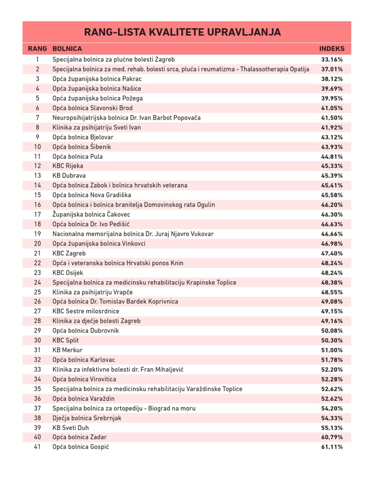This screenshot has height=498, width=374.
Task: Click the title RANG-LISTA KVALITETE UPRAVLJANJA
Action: pos(183,33)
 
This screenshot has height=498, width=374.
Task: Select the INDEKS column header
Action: pos(332,49)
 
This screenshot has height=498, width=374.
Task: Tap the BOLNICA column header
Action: pos(67,49)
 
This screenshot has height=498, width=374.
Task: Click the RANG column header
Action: pos(37,49)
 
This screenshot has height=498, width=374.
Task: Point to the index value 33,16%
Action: pos(332,59)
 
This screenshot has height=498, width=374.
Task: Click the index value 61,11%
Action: pos(332,447)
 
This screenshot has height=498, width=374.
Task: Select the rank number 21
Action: pos(37,253)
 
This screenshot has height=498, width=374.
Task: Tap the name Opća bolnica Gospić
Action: pos(80,447)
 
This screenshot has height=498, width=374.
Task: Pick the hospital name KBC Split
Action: pos(65,340)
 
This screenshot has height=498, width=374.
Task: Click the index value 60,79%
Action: pos(332,437)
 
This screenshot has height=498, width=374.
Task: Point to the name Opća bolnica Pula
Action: pos(77,157)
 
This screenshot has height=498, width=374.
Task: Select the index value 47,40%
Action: pos(332,253)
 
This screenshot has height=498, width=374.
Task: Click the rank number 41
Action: pos(37,447)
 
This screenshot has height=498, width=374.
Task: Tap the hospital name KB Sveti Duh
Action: pos(71,427)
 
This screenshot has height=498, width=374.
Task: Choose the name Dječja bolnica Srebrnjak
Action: pos(87,418)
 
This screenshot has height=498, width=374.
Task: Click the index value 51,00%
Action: pos(332,350)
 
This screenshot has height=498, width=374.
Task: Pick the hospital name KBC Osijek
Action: pos(68,273)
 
